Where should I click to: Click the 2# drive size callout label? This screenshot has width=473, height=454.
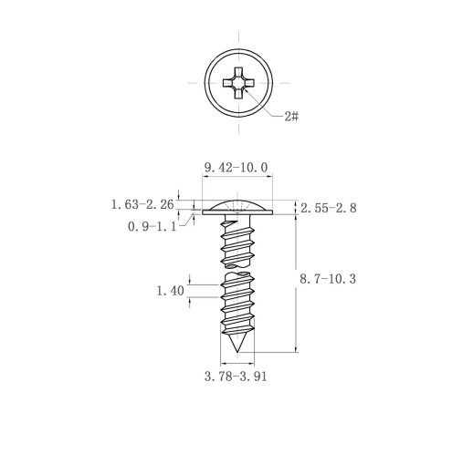291,116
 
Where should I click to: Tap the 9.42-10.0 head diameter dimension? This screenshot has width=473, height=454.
236,168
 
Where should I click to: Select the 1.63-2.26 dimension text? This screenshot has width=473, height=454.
142,204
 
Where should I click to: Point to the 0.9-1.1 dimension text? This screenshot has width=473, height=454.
152,226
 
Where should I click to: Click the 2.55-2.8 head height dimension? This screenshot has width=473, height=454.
329,208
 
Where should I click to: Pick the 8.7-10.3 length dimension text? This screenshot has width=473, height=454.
328,279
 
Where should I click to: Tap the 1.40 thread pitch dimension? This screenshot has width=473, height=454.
170,291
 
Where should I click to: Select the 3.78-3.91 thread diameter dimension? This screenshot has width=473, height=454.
236,377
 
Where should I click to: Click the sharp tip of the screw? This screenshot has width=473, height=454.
237,352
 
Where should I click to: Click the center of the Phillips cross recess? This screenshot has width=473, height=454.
238,83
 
